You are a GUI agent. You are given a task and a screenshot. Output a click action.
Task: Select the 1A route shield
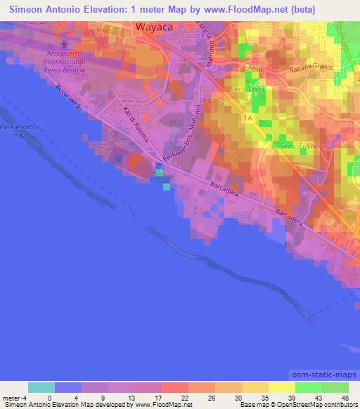pyautogui.click(x=247, y=119)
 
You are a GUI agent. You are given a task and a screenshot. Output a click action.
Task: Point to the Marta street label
pyautogui.click(x=203, y=33)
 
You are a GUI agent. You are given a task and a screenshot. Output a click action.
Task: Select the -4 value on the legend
pyautogui.click(x=25, y=397)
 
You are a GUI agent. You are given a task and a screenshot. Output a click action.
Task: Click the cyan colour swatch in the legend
pyautogui.click(x=41, y=387)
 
